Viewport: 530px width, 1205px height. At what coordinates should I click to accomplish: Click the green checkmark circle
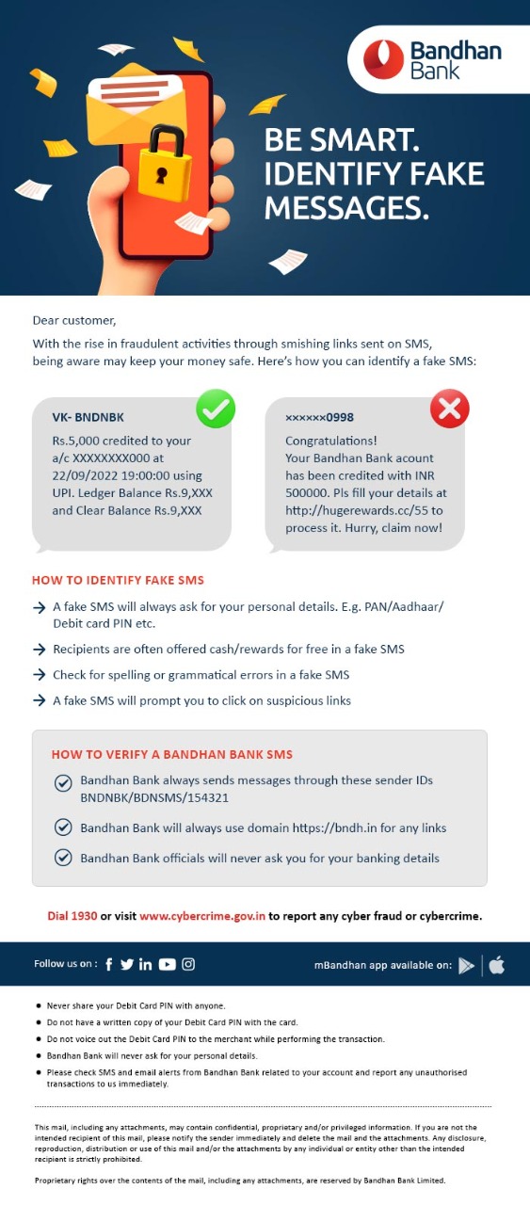(x=216, y=409)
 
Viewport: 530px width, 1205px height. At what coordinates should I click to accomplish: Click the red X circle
(x=449, y=409)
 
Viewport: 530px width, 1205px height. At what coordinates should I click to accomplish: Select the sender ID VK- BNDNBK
(x=88, y=417)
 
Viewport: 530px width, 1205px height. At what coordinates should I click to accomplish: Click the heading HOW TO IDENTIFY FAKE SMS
(x=118, y=580)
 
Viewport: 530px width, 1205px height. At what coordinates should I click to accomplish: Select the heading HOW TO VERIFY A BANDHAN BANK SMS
(x=171, y=754)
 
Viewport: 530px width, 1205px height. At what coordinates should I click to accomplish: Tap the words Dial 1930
(x=72, y=915)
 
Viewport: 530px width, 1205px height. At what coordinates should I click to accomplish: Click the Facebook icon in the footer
(x=109, y=964)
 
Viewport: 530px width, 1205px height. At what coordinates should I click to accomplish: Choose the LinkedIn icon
(x=145, y=964)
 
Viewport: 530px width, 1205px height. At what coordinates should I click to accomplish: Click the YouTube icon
(x=168, y=964)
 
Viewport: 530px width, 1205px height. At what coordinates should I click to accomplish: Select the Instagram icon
(x=188, y=964)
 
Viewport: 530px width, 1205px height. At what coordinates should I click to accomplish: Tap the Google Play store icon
(x=466, y=965)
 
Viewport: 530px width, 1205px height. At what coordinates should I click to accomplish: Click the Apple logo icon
(x=496, y=965)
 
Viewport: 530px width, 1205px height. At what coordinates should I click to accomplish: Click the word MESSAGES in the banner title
(x=345, y=206)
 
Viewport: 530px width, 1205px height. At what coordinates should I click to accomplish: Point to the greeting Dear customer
(x=73, y=321)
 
